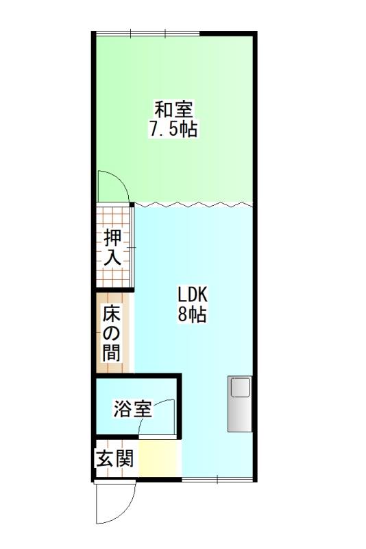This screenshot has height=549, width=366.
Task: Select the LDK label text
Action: pos(193,295)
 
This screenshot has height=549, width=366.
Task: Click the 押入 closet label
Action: pos(113,248)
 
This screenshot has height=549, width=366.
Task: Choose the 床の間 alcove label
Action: pos(112,334)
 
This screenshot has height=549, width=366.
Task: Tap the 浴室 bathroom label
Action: pos(132,410)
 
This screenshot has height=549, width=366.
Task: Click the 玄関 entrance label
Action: pos(114,458)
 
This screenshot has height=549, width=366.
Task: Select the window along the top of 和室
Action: pos(147,33)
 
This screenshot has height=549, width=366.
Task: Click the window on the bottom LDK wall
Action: pos(217,479)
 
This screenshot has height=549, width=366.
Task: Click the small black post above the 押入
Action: pos(132,204)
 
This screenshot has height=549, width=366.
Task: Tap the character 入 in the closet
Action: pos(113,257)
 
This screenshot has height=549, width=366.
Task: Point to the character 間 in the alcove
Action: pos(112,353)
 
